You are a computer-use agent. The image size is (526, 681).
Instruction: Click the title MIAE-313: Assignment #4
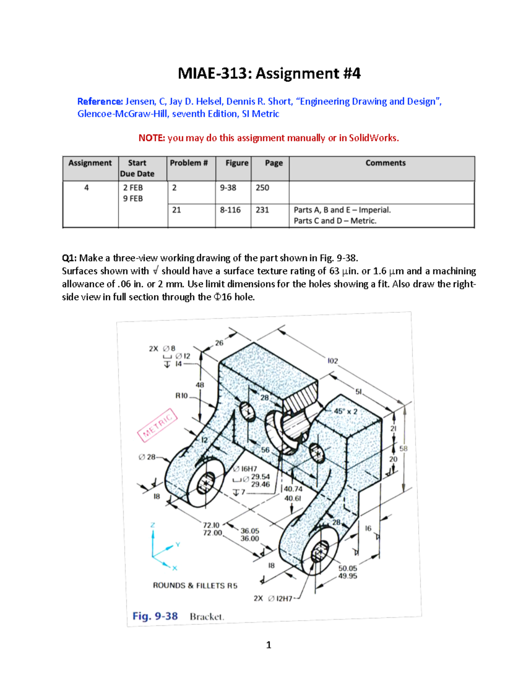[269, 73]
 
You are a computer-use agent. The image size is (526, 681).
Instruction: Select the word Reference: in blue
[100, 102]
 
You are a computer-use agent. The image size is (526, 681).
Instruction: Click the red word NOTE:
[152, 138]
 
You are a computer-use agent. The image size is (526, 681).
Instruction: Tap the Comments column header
[385, 163]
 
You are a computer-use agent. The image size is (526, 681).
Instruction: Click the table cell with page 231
[262, 210]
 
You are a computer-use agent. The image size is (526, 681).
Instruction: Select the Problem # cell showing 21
[177, 210]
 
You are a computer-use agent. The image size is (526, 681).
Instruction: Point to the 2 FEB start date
[133, 188]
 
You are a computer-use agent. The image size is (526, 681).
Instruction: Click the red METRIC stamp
[157, 425]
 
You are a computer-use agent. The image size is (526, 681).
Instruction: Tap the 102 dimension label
[333, 361]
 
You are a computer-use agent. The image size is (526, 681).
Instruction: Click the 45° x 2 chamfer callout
[345, 411]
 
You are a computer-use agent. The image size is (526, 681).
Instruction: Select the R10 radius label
[181, 396]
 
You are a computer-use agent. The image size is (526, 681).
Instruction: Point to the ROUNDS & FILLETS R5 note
[195, 585]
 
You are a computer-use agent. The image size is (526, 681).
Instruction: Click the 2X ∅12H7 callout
[273, 598]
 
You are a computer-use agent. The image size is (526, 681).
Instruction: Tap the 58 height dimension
[403, 449]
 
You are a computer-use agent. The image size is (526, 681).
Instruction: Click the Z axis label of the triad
[153, 525]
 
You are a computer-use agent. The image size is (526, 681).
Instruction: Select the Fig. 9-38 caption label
[155, 616]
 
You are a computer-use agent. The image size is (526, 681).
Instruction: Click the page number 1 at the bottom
[269, 645]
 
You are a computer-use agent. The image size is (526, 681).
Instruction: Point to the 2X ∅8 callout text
[162, 349]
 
